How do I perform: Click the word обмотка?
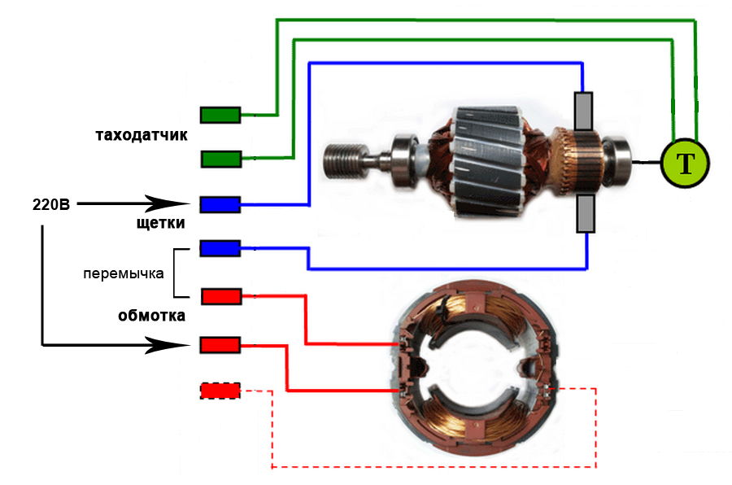click(x=152, y=315)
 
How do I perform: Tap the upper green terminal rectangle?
click(x=220, y=115)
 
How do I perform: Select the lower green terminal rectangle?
click(x=220, y=159)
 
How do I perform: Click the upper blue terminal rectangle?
click(x=220, y=203)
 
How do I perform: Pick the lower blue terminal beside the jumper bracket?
click(x=220, y=247)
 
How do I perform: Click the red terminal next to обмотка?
click(x=220, y=295)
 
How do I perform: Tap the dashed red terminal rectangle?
click(x=220, y=391)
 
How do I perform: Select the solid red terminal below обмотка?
click(x=220, y=346)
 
